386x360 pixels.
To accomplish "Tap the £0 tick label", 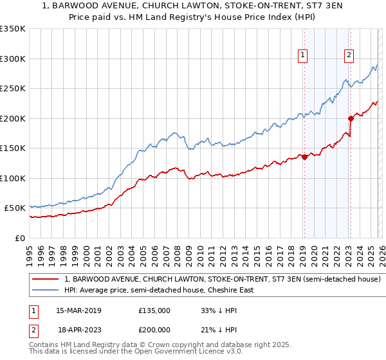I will click(19, 238).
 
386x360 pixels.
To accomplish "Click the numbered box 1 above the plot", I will click(303, 56).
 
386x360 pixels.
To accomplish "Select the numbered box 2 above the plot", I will click(349, 56).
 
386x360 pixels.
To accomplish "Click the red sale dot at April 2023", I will click(351, 118).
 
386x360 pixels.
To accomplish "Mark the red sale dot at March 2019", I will click(304, 157).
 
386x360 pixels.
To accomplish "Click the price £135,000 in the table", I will click(154, 310).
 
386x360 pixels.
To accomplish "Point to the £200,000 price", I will click(154, 328).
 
